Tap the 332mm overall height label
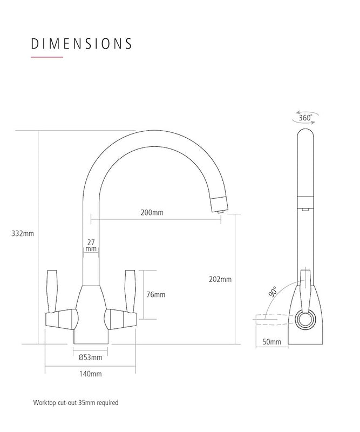coord(23,234)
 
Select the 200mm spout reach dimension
coord(152,213)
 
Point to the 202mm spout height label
coord(220,279)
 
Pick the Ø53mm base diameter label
coord(90,357)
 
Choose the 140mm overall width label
coord(90,374)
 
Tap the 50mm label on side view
coord(271,342)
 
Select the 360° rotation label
coord(305,117)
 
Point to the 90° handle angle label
coord(272,292)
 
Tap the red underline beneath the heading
coord(47,57)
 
